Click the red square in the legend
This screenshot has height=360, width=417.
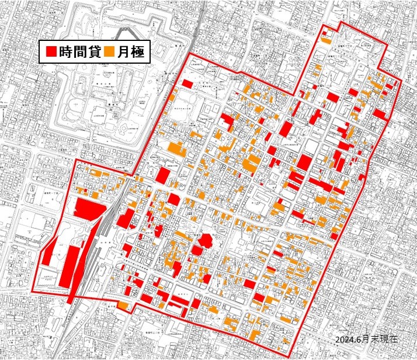click(x=50, y=53)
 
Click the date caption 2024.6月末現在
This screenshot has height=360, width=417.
click(x=368, y=340)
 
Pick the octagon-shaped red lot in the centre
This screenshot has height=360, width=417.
click(x=205, y=240)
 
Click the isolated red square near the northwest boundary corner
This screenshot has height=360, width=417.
click(x=187, y=84)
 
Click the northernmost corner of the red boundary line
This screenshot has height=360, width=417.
click(x=340, y=23)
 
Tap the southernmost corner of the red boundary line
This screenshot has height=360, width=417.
click(x=290, y=357)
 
